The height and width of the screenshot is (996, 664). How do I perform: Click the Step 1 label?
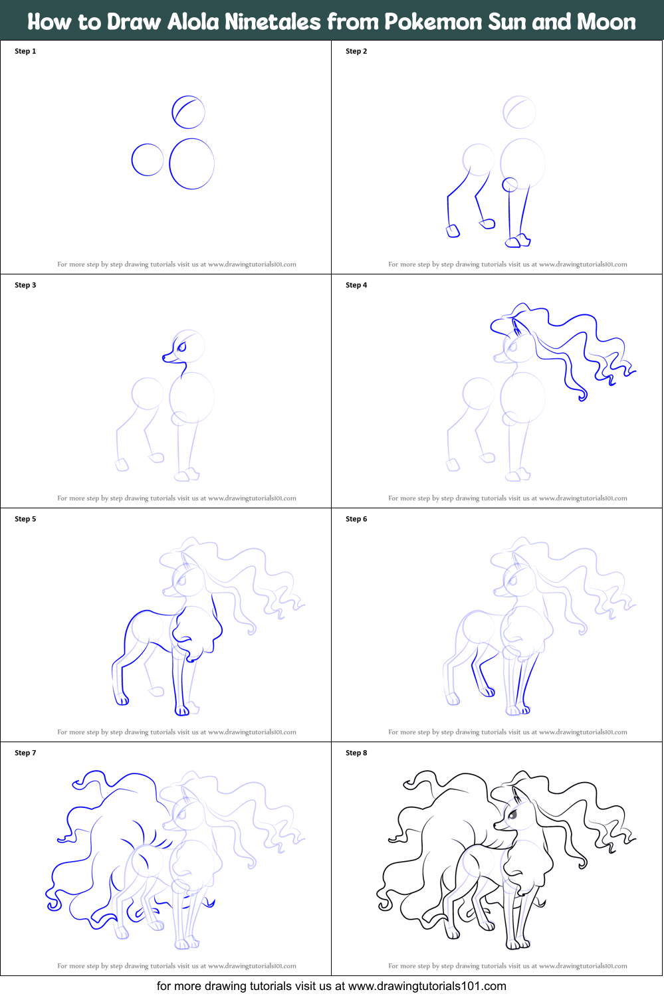click(25, 51)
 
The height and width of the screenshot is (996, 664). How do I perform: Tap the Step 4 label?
click(356, 285)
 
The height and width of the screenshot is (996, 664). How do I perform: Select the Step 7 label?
click(25, 753)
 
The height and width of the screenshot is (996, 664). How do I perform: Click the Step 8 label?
click(356, 753)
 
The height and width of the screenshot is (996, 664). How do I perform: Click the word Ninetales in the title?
click(273, 22)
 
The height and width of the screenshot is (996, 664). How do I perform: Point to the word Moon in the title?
click(606, 22)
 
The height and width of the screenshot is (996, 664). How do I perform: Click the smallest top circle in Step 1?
click(188, 112)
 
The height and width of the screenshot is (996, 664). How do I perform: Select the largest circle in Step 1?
click(191, 163)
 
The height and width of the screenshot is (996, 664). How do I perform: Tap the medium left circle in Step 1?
click(148, 159)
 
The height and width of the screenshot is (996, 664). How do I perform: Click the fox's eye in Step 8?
click(513, 813)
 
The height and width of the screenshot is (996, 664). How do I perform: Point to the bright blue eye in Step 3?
click(181, 346)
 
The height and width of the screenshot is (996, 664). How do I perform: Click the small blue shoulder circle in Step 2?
click(510, 184)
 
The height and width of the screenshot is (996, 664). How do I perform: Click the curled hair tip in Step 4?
click(583, 397)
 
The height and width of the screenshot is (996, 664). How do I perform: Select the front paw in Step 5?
click(182, 710)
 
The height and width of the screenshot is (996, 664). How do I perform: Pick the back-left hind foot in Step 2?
click(453, 231)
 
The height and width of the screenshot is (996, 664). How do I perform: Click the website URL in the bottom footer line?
click(427, 986)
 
